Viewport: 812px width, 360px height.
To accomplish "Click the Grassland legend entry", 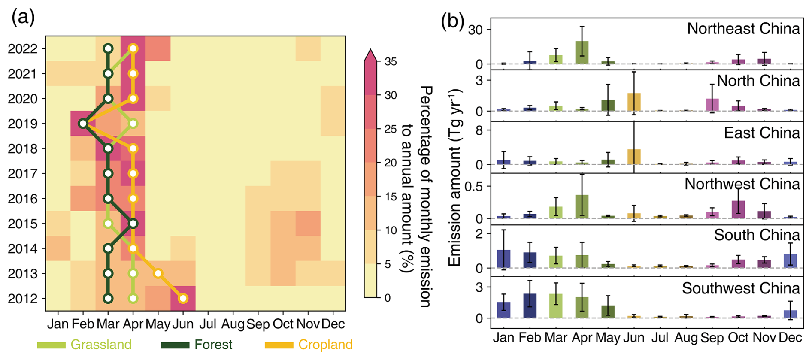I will point(84,345).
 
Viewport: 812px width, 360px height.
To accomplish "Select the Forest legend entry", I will point(197,345).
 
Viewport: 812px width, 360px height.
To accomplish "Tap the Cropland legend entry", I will point(309,345).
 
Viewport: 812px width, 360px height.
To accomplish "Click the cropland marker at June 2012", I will point(183,298).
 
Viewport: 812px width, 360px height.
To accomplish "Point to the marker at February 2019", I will point(83,124).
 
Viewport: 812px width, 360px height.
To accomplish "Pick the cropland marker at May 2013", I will point(158,273).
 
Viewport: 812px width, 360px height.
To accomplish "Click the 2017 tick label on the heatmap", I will point(23,174).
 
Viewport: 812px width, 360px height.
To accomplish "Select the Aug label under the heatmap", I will point(233,324).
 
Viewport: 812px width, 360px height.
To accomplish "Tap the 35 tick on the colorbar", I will point(391,61).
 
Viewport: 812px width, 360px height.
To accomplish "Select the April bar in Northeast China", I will point(582,53).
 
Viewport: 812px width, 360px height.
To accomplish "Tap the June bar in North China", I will point(634,102).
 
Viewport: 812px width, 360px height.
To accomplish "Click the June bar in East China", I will point(634,157).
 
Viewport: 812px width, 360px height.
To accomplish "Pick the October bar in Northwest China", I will point(738,209).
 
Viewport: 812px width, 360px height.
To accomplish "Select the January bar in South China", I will point(504,259).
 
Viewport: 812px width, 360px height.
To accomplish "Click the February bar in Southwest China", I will point(530,306).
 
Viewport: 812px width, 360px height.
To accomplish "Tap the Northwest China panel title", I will point(742,184).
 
